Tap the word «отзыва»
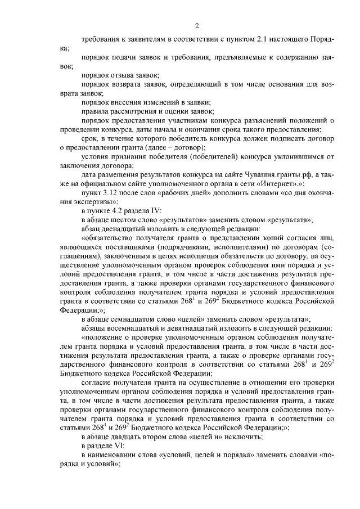click(x=123, y=75)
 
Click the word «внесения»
click(x=130, y=102)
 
